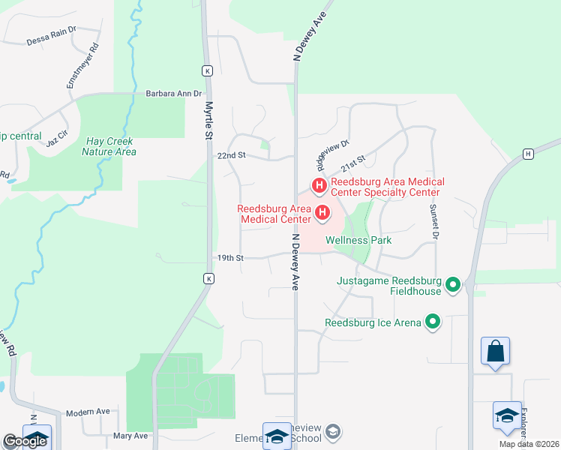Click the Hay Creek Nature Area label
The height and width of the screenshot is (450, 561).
point(110,146)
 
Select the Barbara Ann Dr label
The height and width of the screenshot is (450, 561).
point(174,94)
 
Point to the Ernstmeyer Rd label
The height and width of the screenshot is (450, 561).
point(83,66)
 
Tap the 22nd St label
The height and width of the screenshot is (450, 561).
point(231,155)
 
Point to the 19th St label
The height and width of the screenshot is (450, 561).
point(231,258)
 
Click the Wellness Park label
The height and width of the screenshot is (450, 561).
point(358,241)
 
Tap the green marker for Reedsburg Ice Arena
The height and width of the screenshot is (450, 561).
point(433,322)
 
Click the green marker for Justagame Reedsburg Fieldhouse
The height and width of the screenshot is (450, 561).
point(452,285)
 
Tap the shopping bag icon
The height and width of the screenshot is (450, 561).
point(496,352)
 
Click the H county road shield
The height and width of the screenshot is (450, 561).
point(528,154)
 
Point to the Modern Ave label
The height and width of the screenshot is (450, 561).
point(88,412)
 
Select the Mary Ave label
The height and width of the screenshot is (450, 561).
point(130,436)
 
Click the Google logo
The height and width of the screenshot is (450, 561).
point(24,441)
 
